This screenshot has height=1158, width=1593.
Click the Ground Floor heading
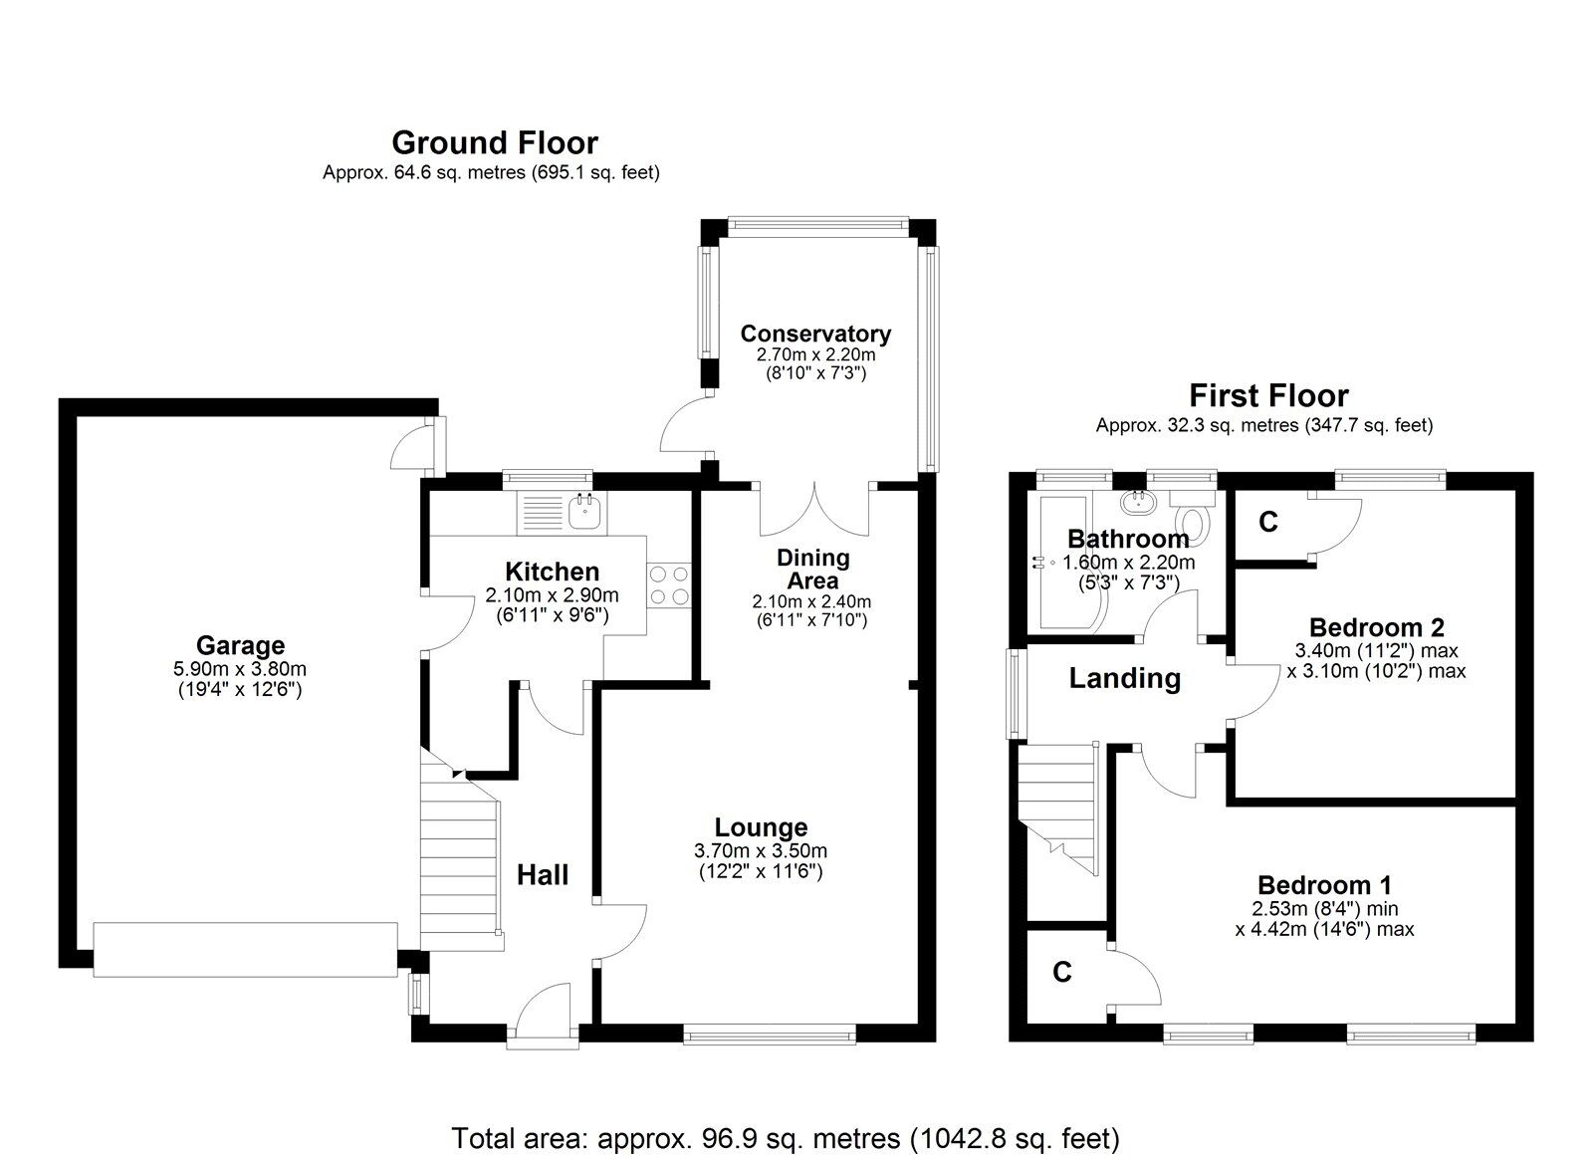(x=495, y=142)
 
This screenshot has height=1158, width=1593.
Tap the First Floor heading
(x=1267, y=395)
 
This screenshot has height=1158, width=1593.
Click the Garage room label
(x=240, y=645)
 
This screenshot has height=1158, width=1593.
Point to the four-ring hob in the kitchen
(x=668, y=584)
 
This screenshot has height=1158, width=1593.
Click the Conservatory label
(x=814, y=334)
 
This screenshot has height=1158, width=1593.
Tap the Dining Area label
(x=812, y=569)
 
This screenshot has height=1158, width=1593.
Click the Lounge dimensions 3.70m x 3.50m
(x=761, y=850)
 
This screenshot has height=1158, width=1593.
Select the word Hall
(x=543, y=874)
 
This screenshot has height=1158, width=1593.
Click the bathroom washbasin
(x=1136, y=501)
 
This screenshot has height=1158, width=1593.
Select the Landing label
(x=1124, y=678)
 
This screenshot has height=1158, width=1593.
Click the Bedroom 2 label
(x=1376, y=627)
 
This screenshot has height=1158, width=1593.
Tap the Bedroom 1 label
(x=1324, y=884)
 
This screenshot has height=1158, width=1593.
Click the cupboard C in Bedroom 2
(x=1267, y=522)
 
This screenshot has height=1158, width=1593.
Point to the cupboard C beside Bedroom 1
(x=1062, y=972)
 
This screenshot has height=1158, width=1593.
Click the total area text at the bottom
(x=786, y=1137)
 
